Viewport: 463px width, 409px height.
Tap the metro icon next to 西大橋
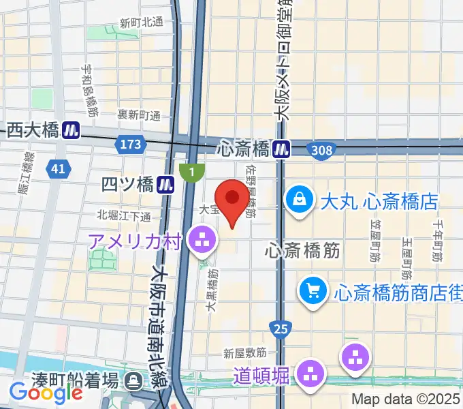click(70, 130)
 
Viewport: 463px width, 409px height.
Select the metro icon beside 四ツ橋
click(164, 184)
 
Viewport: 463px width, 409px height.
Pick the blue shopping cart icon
click(313, 292)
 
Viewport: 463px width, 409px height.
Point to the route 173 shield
click(131, 144)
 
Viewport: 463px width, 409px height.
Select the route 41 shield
click(58, 168)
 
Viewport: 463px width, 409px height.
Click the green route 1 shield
click(192, 172)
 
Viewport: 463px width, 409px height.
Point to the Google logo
click(46, 393)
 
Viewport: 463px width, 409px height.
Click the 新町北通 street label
click(141, 22)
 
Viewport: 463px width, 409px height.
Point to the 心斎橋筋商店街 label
click(398, 292)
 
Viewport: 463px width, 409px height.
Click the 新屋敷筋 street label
click(244, 353)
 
